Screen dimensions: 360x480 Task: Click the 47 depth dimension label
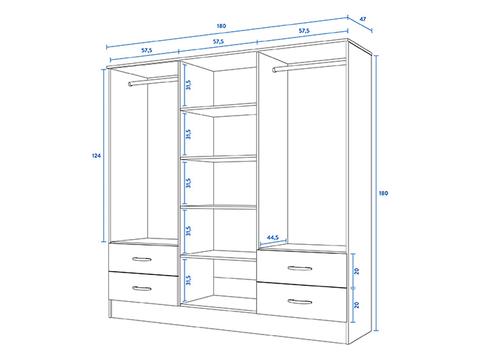click(363, 19)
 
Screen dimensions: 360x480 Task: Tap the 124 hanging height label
click(96, 156)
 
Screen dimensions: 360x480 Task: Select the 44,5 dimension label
click(273, 237)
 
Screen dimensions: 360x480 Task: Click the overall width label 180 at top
click(221, 26)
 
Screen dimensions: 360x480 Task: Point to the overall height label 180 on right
click(383, 193)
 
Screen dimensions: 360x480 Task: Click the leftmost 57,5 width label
click(147, 51)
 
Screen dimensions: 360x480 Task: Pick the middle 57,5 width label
click(218, 42)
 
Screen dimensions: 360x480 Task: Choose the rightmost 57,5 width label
click(304, 31)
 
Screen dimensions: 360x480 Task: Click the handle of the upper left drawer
click(142, 259)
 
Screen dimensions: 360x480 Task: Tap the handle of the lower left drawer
click(142, 288)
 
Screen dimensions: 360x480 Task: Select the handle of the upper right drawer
click(300, 268)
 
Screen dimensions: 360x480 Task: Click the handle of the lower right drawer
click(300, 301)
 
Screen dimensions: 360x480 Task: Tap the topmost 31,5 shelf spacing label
click(189, 85)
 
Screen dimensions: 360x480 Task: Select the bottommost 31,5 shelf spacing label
click(189, 280)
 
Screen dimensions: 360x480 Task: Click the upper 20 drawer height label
click(357, 271)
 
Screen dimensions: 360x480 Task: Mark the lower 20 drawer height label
click(357, 305)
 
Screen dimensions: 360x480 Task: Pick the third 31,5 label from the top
click(189, 183)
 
